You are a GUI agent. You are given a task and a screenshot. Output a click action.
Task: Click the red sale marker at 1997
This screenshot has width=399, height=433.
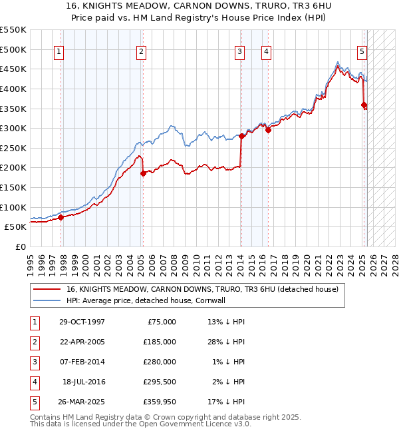click(x=61, y=217)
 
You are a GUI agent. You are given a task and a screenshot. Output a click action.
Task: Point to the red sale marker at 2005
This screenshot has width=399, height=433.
click(x=143, y=174)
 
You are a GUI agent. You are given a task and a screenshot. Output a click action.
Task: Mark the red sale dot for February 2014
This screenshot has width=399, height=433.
click(x=241, y=137)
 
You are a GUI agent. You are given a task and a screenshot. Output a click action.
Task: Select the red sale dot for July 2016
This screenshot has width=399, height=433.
click(x=268, y=131)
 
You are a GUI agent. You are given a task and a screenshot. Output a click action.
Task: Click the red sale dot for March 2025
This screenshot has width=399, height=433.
click(x=364, y=105)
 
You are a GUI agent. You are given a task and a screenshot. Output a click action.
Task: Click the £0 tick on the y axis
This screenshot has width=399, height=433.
click(x=21, y=246)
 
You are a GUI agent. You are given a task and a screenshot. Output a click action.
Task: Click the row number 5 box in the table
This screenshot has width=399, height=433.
click(x=33, y=402)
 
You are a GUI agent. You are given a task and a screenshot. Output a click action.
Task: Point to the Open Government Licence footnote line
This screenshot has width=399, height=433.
click(x=141, y=424)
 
